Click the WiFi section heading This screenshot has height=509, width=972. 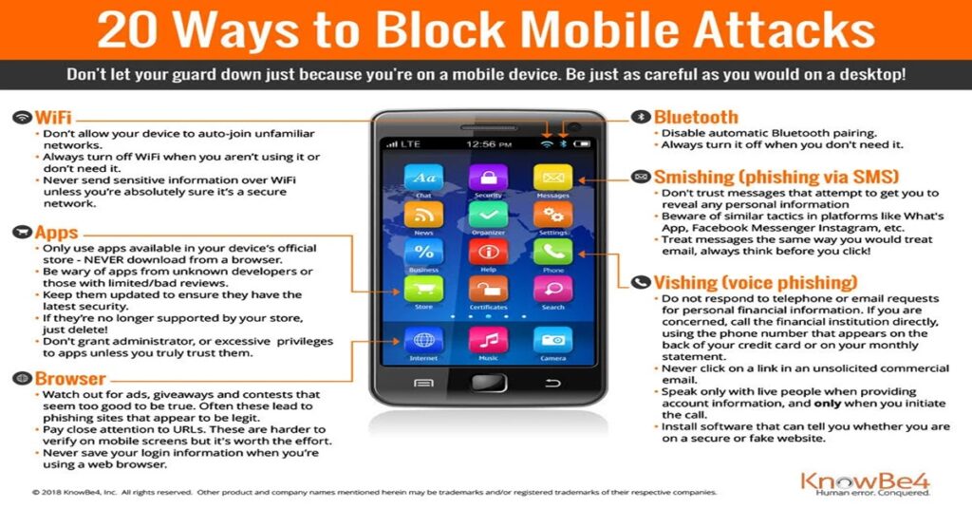pyautogui.click(x=53, y=117)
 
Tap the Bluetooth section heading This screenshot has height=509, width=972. pyautogui.click(x=696, y=117)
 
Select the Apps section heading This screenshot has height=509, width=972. pyautogui.click(x=56, y=233)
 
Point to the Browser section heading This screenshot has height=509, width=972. pyautogui.click(x=70, y=378)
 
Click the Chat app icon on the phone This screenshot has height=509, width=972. pyautogui.click(x=423, y=178)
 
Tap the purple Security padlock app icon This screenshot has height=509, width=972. pyautogui.click(x=489, y=178)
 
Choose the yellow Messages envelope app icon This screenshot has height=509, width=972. pyautogui.click(x=553, y=178)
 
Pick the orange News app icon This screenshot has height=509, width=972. pyautogui.click(x=423, y=215)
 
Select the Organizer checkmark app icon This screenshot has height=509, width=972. pyautogui.click(x=489, y=215)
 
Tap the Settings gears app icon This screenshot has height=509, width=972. pyautogui.click(x=553, y=215)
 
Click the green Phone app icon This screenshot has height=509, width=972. pyautogui.click(x=553, y=252)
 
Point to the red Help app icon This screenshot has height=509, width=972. pyautogui.click(x=489, y=252)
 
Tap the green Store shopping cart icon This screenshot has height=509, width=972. pyautogui.click(x=423, y=289)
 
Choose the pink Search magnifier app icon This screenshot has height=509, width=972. pyautogui.click(x=553, y=289)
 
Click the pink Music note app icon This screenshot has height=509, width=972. pyautogui.click(x=489, y=340)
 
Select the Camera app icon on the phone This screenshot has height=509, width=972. pyautogui.click(x=553, y=340)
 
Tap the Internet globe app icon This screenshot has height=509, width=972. pyautogui.click(x=423, y=340)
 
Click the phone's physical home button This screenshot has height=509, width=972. pyautogui.click(x=489, y=383)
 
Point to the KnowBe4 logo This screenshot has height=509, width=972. pyautogui.click(x=866, y=483)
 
